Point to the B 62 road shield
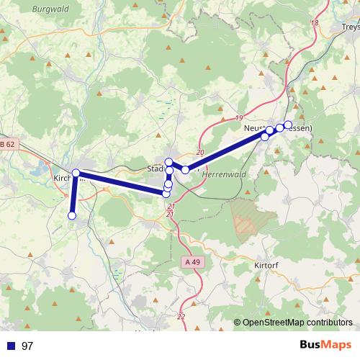point(7,145)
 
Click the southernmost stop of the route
point(72,215)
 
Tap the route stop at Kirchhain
point(76,173)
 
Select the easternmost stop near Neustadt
point(288,125)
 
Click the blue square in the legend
point(10,346)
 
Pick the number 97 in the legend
point(27,346)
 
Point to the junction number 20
point(199,153)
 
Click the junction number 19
point(240,117)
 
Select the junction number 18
point(314,23)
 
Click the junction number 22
point(180,316)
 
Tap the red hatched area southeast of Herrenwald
point(244,216)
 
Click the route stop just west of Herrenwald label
point(186,169)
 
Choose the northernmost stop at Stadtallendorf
point(168,162)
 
